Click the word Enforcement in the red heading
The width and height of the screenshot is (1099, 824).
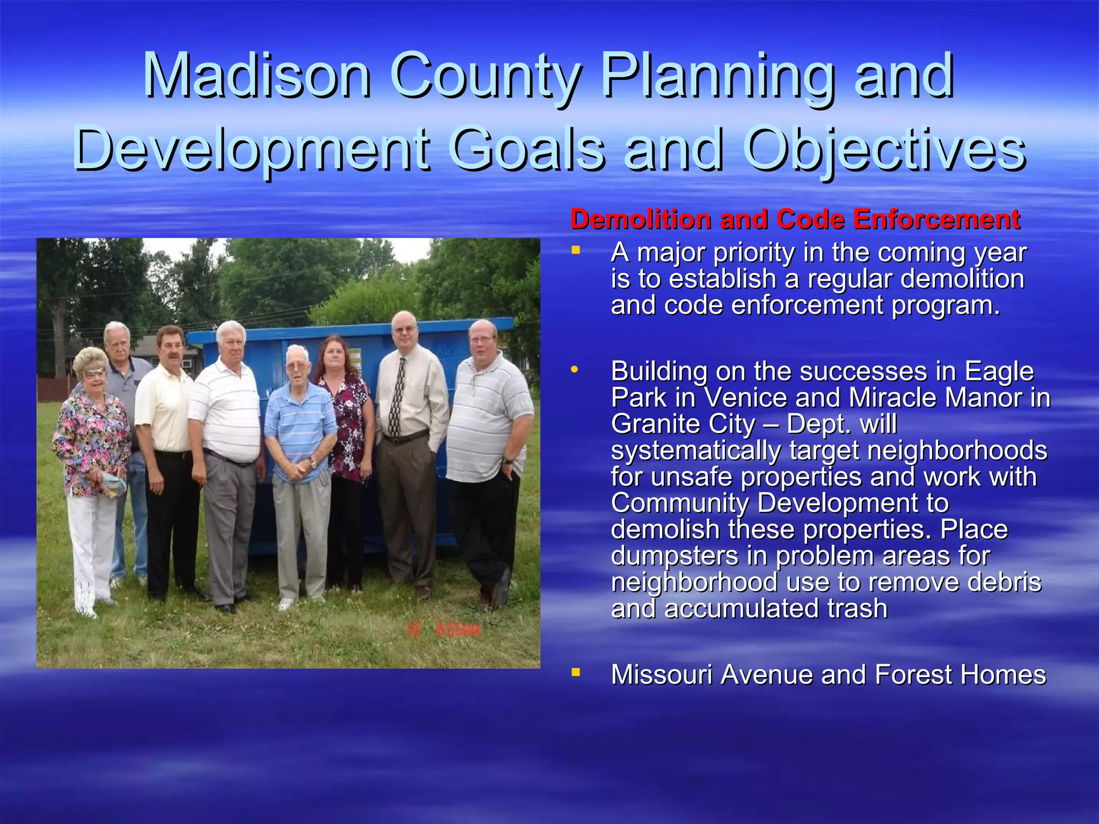(936, 219)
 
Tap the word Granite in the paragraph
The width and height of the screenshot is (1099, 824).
(655, 424)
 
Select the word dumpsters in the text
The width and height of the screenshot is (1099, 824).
(675, 556)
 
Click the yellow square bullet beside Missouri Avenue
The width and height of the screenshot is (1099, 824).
(576, 672)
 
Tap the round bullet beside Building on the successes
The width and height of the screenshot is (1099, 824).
(575, 369)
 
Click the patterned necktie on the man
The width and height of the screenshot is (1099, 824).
(397, 397)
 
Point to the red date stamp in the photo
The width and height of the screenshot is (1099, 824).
(443, 630)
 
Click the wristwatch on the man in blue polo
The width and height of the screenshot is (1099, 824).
(312, 462)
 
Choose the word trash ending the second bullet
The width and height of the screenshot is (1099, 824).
(857, 609)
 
